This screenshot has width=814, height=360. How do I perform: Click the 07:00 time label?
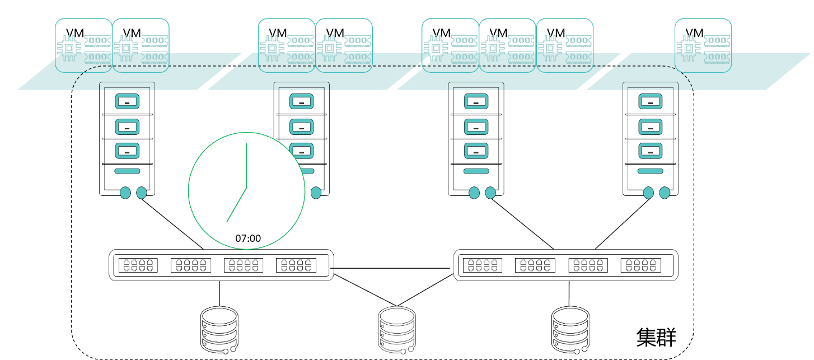pos(248,239)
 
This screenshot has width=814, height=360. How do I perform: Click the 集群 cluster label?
pos(657,337)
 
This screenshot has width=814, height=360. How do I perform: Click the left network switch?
pos(220,265)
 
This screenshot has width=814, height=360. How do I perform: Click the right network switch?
pos(565,265)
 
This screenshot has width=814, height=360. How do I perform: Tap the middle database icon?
pos(397,330)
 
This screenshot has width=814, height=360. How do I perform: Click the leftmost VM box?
pos(83,45)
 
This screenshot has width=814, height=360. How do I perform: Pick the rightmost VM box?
pos(703,45)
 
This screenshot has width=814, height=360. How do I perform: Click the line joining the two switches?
pos(392,269)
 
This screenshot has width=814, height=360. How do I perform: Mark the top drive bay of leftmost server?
pos(127,102)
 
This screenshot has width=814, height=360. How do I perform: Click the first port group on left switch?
pos(137,265)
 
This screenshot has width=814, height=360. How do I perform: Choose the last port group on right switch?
pos(640,265)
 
